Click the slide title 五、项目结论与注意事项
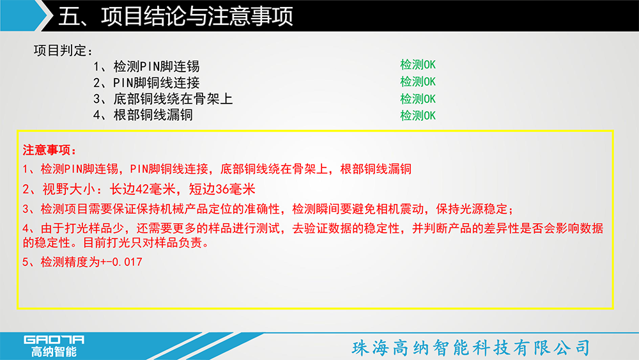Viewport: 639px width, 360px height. click(176, 17)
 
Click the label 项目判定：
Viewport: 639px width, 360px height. click(63, 51)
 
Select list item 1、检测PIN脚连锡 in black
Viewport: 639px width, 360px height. click(146, 66)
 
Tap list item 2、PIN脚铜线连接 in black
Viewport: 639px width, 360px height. click(146, 82)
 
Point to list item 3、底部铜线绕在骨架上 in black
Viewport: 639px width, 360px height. click(163, 98)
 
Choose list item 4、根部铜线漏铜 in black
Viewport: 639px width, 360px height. click(143, 115)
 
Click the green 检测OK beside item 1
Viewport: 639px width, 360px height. click(418, 65)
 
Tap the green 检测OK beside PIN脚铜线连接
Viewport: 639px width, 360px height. click(418, 82)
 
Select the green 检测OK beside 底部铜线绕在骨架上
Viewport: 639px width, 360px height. click(418, 98)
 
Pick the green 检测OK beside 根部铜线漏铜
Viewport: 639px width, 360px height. click(418, 115)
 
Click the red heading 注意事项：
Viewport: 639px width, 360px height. click(49, 150)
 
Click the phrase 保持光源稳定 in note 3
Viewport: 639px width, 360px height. click(472, 209)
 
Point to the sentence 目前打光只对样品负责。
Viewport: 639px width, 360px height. click(147, 242)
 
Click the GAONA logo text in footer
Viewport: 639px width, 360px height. click(54, 340)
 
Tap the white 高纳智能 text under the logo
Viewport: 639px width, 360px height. click(54, 352)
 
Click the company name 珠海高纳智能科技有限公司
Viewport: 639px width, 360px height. click(471, 348)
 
